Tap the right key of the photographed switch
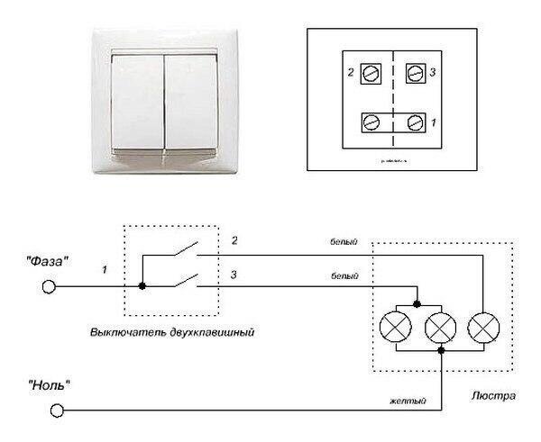pos(189,101)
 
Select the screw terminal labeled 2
pos(368,73)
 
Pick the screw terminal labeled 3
pos(416,73)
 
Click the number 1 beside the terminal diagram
pos(436,121)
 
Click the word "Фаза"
pos(48,264)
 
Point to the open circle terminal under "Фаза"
pos(50,288)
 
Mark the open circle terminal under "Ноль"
pos(57,410)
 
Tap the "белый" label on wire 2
pos(344,242)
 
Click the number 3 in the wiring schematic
pos(234,274)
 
